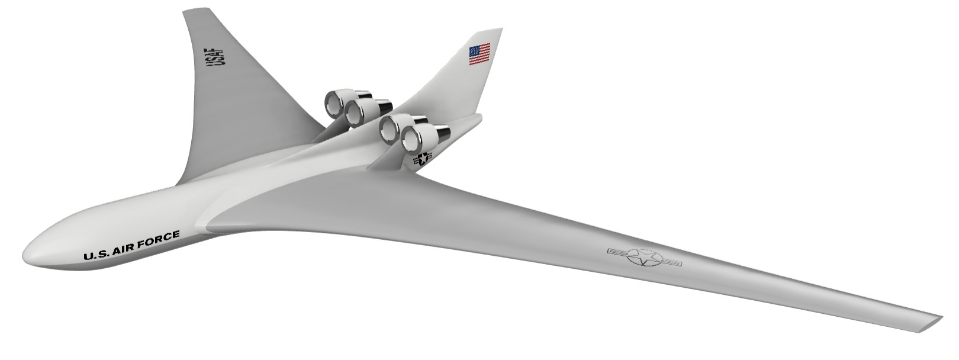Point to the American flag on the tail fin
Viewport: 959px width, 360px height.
tap(480, 54)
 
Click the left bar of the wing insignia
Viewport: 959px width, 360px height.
tap(618, 252)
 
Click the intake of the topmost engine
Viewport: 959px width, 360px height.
tap(334, 104)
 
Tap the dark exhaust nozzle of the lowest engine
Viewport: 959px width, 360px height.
tap(442, 134)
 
